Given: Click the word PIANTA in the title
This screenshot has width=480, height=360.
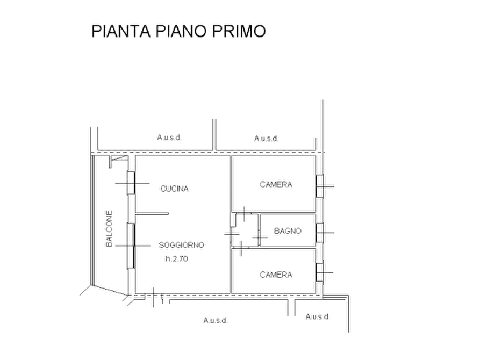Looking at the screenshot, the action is click(121, 31).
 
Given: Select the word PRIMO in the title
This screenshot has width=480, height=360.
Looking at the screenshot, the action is click(239, 31).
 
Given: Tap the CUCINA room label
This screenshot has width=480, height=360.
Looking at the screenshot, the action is click(174, 189).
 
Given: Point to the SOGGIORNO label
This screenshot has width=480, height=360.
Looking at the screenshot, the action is click(181, 245).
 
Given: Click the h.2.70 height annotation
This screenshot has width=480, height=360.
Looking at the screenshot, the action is click(177, 258).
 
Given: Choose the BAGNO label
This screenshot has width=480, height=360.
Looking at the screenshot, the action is click(288, 231).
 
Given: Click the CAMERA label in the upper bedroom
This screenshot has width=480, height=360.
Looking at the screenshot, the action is click(276, 184).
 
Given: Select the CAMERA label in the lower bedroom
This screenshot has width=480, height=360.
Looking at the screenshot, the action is click(276, 275).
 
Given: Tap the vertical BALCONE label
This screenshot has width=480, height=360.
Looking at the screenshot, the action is click(109, 228).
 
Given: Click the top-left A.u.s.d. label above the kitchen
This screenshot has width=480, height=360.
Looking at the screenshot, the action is click(169, 138).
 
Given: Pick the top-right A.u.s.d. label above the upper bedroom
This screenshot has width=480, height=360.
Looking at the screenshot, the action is click(266, 139).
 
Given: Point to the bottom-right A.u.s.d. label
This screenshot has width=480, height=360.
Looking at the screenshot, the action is click(318, 316).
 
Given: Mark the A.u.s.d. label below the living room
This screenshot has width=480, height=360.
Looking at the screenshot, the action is click(216, 321).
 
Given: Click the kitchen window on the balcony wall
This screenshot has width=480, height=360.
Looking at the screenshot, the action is click(131, 183).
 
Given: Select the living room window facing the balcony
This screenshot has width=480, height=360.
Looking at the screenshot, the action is click(131, 246).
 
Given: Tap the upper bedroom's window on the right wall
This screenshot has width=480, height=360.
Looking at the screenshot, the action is click(320, 186).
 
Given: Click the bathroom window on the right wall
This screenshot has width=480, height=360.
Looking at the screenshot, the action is click(320, 233).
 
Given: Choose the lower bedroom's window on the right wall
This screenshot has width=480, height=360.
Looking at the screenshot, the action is click(320, 272).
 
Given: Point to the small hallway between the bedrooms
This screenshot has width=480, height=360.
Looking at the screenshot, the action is click(245, 230).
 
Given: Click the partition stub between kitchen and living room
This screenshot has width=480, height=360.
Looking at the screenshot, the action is click(152, 214).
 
